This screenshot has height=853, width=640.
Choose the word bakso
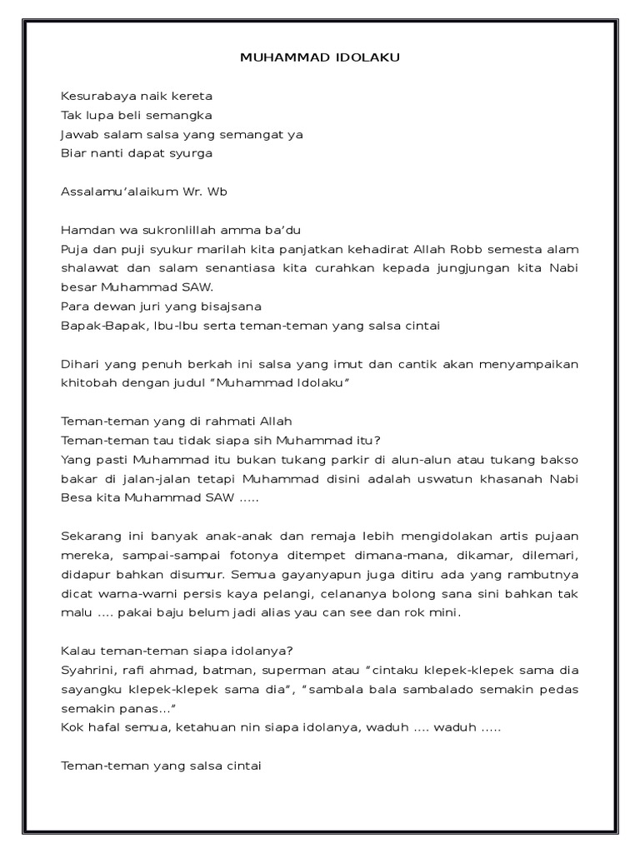tap(561, 460)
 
